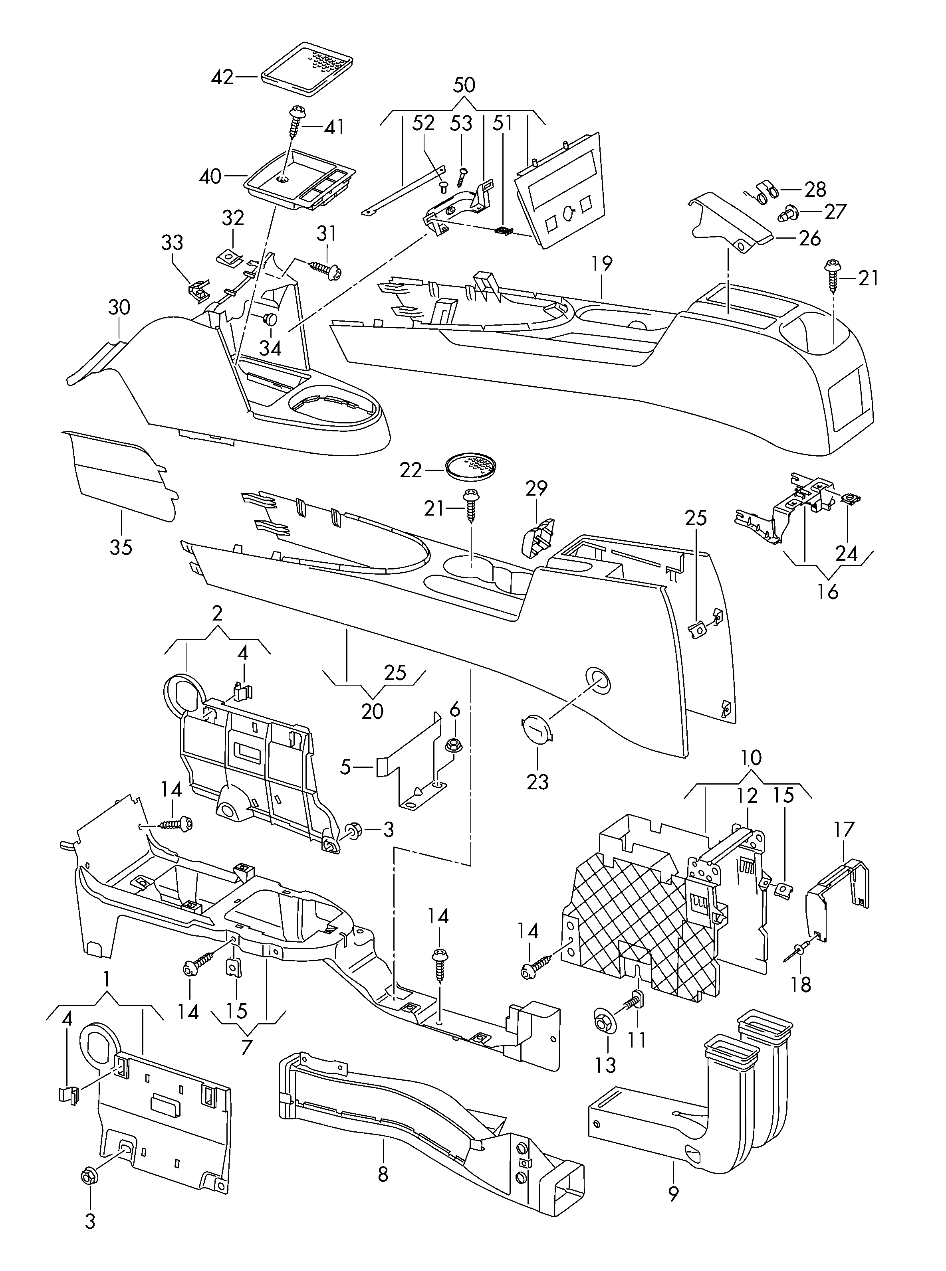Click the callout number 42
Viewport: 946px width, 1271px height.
(x=223, y=77)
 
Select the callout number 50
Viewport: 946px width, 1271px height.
(x=464, y=85)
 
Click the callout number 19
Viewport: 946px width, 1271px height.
(x=602, y=263)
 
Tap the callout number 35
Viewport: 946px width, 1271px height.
(x=121, y=547)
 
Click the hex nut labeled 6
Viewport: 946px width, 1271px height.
(x=455, y=745)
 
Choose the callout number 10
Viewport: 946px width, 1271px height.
(x=751, y=758)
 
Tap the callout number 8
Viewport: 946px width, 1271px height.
(x=383, y=1175)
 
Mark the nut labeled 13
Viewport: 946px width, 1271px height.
(x=603, y=1020)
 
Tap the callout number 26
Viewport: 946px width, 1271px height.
(x=810, y=238)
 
